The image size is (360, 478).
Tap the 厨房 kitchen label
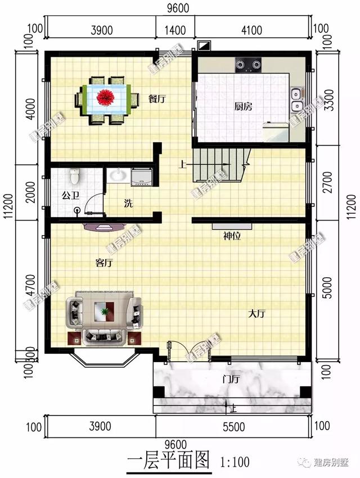click(243, 106)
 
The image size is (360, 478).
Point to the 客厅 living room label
click(105, 262)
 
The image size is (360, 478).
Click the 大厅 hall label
click(257, 314)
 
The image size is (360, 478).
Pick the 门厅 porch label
click(231, 379)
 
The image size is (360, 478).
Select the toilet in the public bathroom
click(74, 177)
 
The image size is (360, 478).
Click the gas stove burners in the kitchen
click(248, 66)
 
